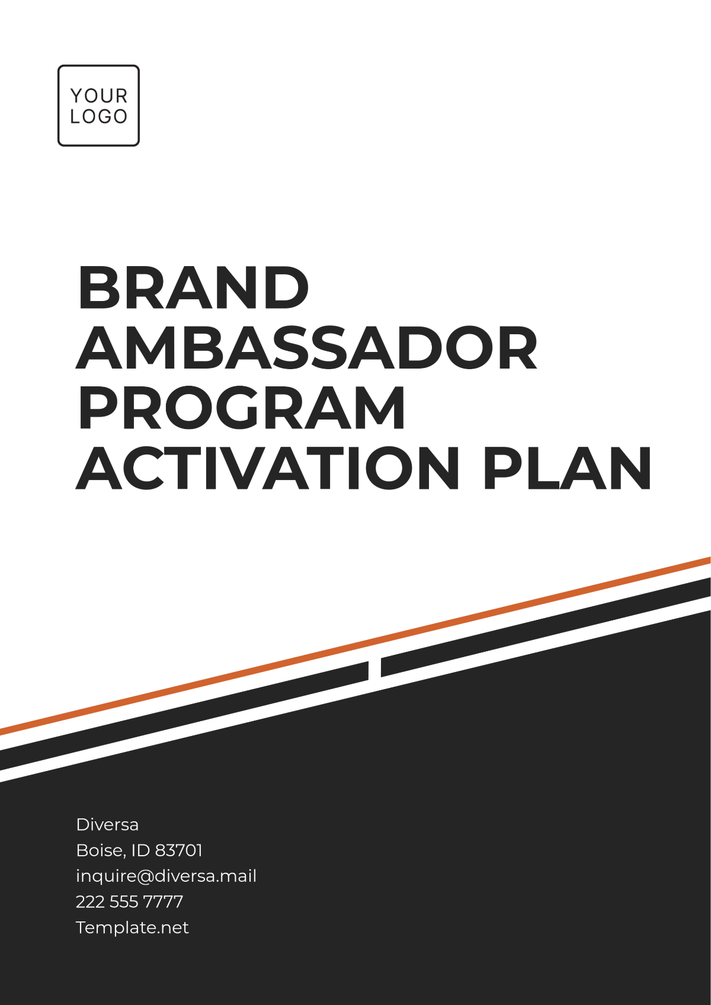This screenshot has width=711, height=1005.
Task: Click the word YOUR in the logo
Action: [98, 95]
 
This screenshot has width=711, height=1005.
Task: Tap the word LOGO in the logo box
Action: [98, 117]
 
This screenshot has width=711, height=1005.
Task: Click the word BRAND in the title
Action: [193, 288]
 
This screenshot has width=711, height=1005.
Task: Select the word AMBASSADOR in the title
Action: [307, 348]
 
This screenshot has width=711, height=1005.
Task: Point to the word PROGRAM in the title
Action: [242, 409]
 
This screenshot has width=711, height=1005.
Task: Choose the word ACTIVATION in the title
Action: [268, 469]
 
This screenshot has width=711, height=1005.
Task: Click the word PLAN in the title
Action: [568, 469]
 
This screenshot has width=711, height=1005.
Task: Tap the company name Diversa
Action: [107, 824]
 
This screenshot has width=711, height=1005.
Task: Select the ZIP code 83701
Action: [178, 850]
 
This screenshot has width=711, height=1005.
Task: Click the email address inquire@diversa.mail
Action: [166, 876]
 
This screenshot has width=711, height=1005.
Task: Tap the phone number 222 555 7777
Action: [129, 902]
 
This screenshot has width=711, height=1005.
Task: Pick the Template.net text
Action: [132, 927]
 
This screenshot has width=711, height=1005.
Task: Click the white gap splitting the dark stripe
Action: [374, 670]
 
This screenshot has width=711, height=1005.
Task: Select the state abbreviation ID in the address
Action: [140, 850]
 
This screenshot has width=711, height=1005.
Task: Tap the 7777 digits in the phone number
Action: [163, 902]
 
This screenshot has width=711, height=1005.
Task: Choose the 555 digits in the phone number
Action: [124, 902]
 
